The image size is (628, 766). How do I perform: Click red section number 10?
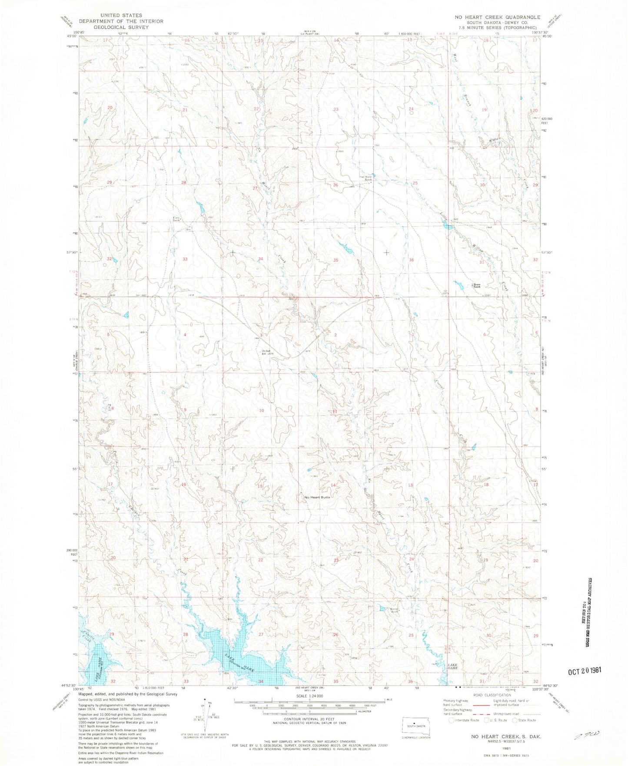click(262, 410)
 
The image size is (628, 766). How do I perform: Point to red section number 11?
click(335, 411)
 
